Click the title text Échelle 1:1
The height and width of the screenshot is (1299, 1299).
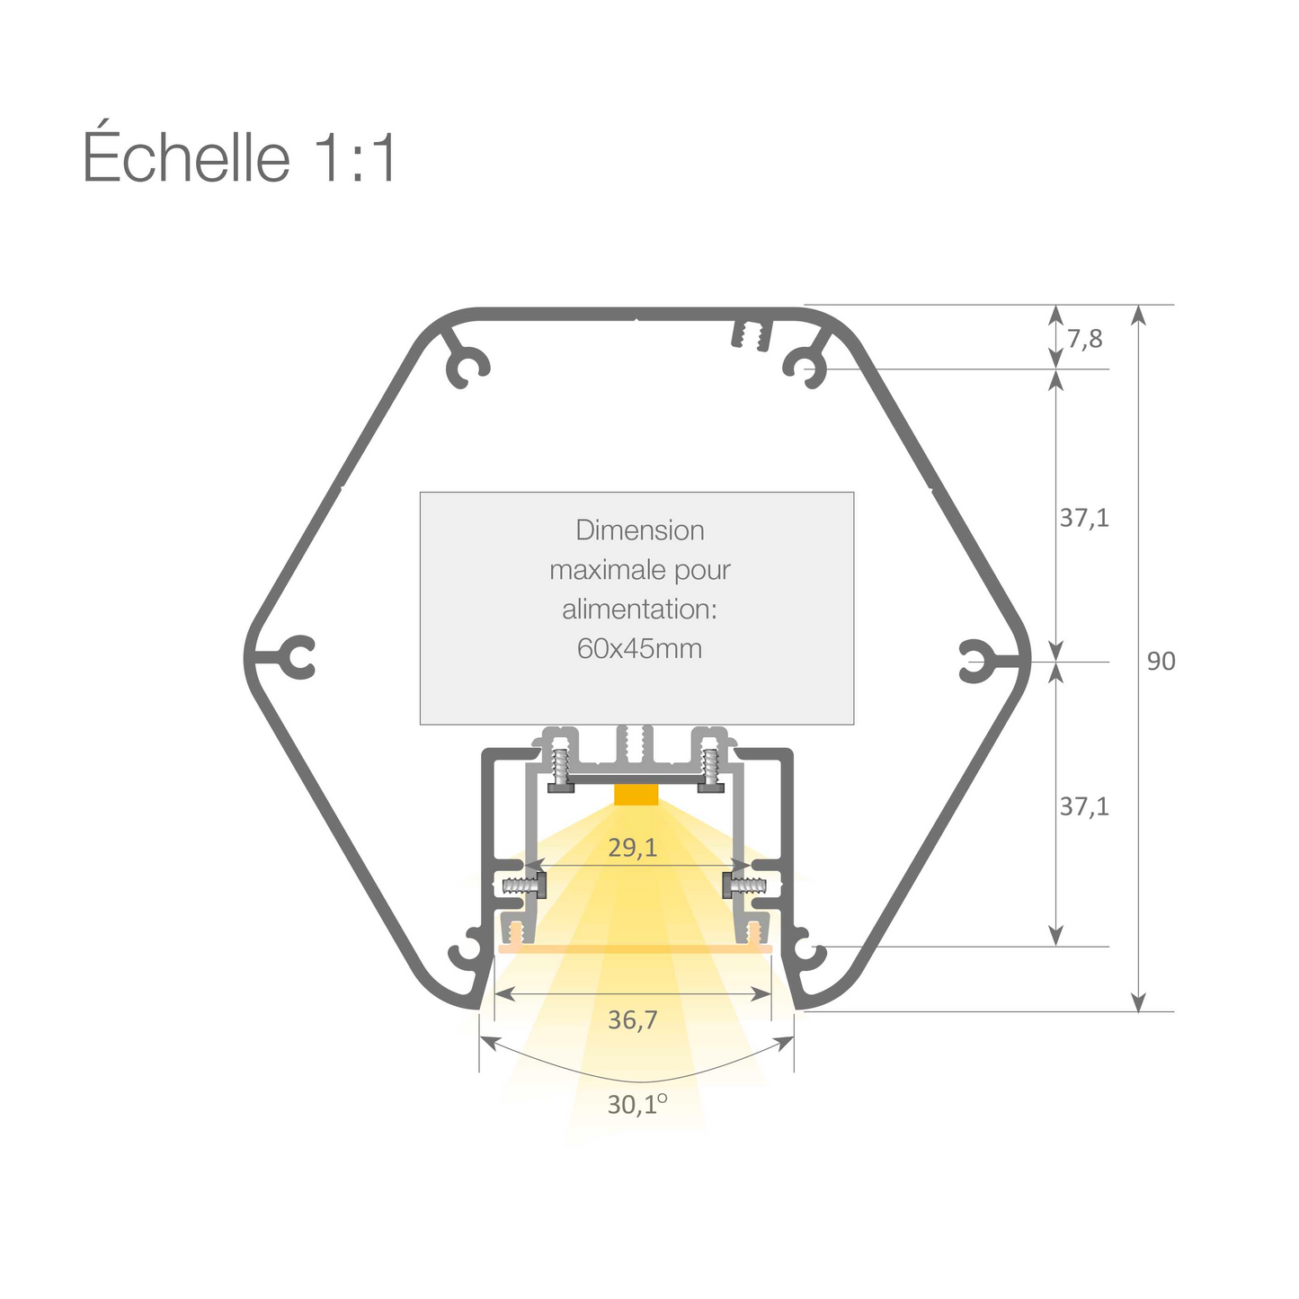[239, 157]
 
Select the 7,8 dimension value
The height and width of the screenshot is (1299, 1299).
[1084, 339]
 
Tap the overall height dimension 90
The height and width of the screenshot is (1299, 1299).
[1161, 662]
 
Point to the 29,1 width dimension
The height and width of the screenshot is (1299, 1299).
[633, 847]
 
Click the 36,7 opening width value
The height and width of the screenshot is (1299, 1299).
[633, 1020]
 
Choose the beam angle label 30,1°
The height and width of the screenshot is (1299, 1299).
[636, 1104]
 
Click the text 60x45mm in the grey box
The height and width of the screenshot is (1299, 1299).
[639, 648]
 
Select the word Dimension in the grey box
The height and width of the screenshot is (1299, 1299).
[639, 530]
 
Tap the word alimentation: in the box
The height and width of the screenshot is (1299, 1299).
[639, 609]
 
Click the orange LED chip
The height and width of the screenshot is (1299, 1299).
[636, 794]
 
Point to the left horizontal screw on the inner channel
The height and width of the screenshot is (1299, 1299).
[522, 885]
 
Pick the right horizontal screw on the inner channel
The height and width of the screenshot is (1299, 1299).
[747, 886]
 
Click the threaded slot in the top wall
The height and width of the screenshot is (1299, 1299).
[752, 335]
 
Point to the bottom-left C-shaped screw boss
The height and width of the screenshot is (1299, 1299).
[467, 951]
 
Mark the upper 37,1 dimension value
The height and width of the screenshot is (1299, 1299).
[1084, 518]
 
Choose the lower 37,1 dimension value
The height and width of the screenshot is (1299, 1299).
[1084, 807]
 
